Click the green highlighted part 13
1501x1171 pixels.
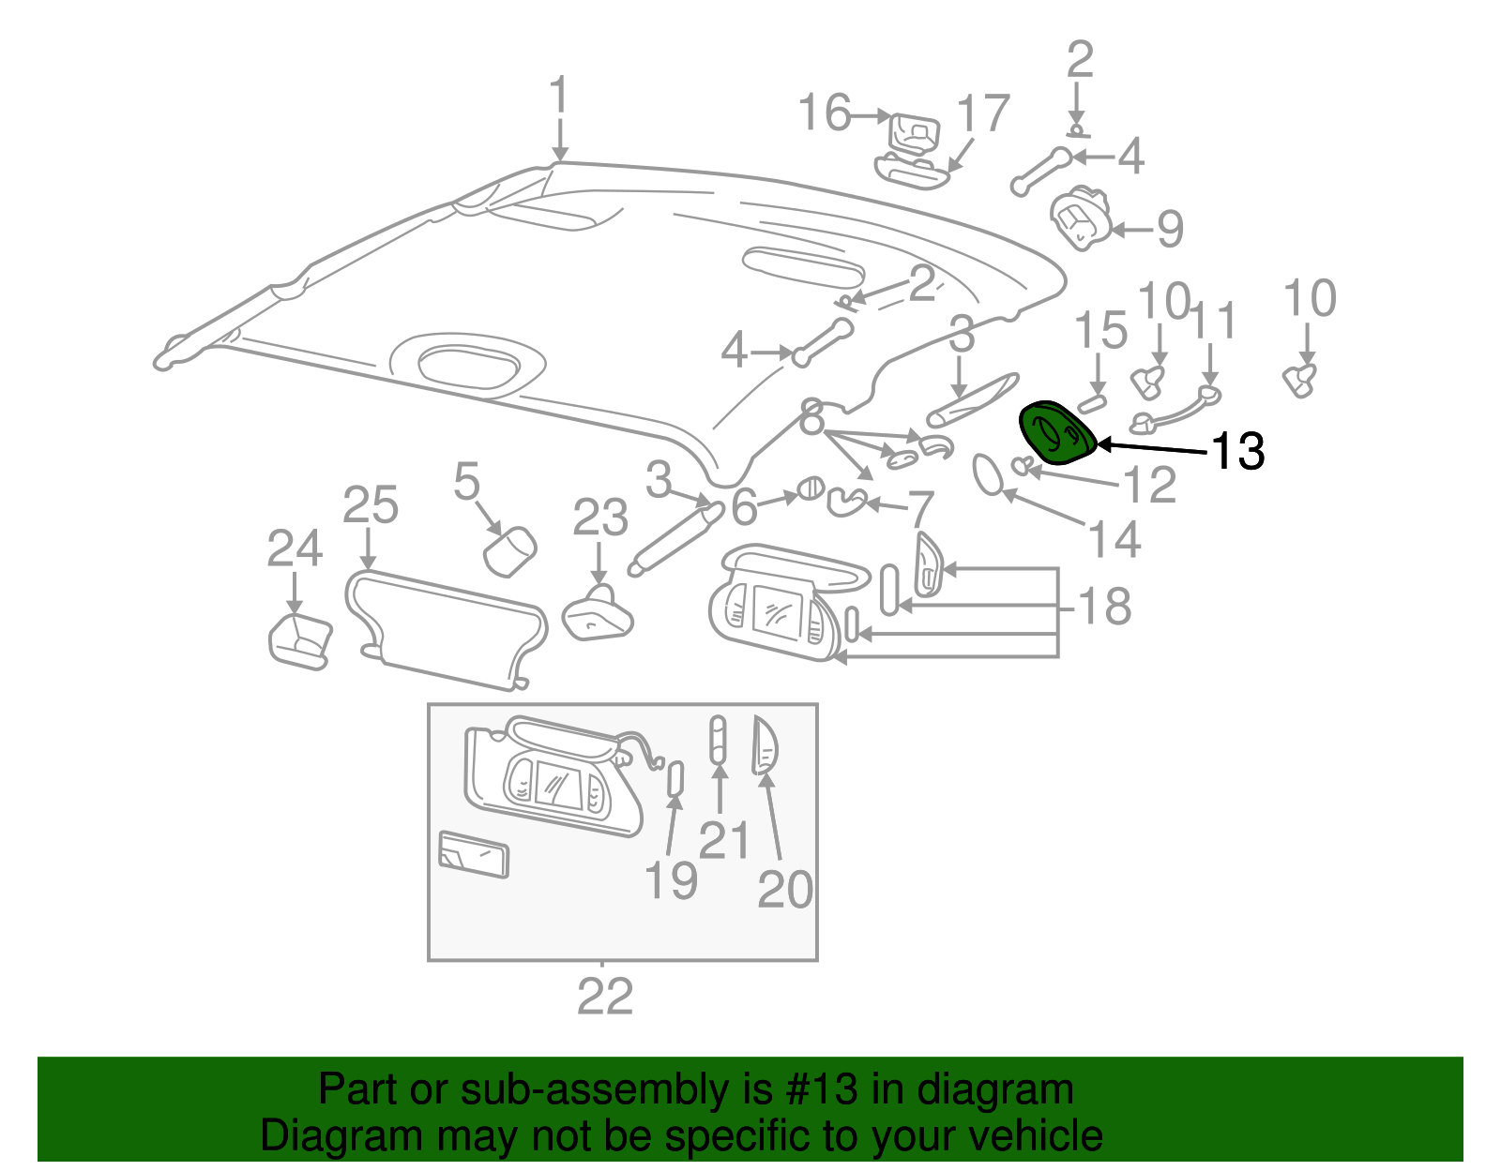coord(1056,432)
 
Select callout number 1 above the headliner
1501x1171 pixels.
coord(559,97)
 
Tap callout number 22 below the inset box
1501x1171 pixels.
coord(604,997)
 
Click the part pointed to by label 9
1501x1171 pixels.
coord(1081,218)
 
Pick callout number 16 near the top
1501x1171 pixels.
coord(825,113)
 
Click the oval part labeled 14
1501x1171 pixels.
coord(987,473)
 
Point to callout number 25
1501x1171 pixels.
coord(370,506)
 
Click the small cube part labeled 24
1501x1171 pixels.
coord(300,641)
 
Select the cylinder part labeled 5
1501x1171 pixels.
coord(509,550)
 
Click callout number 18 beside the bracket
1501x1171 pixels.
coord(1105,607)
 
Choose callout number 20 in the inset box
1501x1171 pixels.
coord(784,890)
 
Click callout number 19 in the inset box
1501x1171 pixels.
coord(671,881)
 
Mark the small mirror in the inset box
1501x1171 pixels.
coord(474,854)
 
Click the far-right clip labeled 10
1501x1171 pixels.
coord(1299,379)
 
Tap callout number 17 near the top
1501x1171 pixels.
coord(982,114)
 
